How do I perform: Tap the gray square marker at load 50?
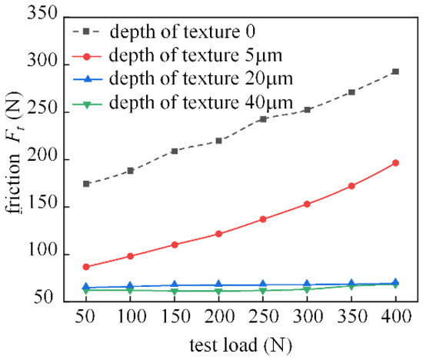[x=86, y=184]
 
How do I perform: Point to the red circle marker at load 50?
[x=86, y=267]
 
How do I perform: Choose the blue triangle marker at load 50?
[x=86, y=287]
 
